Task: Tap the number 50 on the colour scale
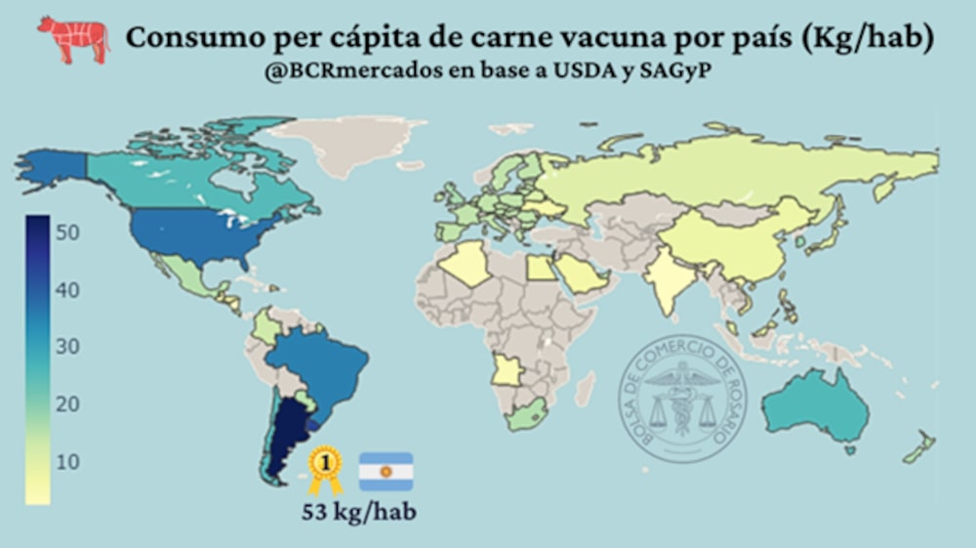pyautogui.click(x=67, y=232)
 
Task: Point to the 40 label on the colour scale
pyautogui.click(x=67, y=290)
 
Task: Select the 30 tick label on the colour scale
pyautogui.click(x=67, y=347)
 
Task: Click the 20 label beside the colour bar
pyautogui.click(x=67, y=404)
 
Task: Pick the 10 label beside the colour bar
pyautogui.click(x=67, y=461)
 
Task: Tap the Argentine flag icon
pyautogui.click(x=386, y=471)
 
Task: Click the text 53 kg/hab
pyautogui.click(x=358, y=512)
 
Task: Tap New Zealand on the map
pyautogui.click(x=920, y=447)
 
